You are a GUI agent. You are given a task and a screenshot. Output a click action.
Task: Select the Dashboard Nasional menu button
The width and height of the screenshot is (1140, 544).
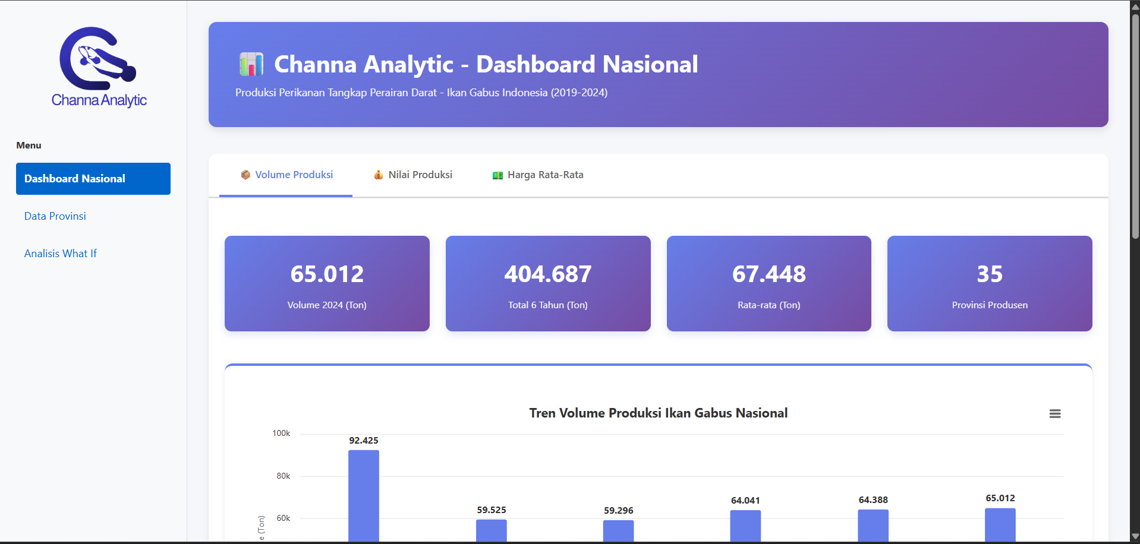point(93,179)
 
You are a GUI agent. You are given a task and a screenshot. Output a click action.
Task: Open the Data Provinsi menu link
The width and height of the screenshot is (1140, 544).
point(55,216)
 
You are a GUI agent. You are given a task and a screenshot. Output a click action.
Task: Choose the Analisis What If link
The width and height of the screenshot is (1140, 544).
point(61,254)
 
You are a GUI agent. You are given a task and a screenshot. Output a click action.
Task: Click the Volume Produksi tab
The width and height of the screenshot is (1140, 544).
point(286,175)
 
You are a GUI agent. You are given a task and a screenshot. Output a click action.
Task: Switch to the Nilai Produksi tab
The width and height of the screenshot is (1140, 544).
point(413,175)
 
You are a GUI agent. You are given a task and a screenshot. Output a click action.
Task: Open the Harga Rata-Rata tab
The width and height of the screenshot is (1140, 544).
point(538,175)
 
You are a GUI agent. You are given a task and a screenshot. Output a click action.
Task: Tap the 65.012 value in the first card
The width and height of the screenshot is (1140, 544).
point(327,274)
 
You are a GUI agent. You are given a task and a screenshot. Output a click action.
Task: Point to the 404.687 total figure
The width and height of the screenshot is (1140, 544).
point(548,274)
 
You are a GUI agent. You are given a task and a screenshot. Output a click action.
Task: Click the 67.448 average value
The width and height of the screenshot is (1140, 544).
point(769,274)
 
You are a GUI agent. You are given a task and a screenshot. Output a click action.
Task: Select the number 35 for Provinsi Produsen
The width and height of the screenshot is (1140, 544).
point(990,274)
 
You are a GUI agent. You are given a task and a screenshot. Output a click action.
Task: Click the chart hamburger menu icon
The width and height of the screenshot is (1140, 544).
point(1055,414)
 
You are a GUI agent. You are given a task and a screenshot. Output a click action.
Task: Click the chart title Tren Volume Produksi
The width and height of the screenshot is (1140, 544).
point(658,413)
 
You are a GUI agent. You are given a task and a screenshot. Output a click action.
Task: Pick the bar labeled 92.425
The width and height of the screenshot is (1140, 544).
point(364,496)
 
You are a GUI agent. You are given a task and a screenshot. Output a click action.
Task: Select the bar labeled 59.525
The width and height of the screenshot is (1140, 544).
point(492,530)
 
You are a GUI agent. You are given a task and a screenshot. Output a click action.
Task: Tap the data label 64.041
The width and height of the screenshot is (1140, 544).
point(745,501)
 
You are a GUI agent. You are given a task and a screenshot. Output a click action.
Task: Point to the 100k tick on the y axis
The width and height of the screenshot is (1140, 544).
point(281,434)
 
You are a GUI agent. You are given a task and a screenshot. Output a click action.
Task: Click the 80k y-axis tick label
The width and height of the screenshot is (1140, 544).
point(283,476)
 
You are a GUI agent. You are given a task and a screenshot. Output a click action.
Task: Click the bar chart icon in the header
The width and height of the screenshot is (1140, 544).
point(251,64)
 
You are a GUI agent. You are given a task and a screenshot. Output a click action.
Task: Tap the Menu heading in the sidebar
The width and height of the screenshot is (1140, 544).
point(29,146)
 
